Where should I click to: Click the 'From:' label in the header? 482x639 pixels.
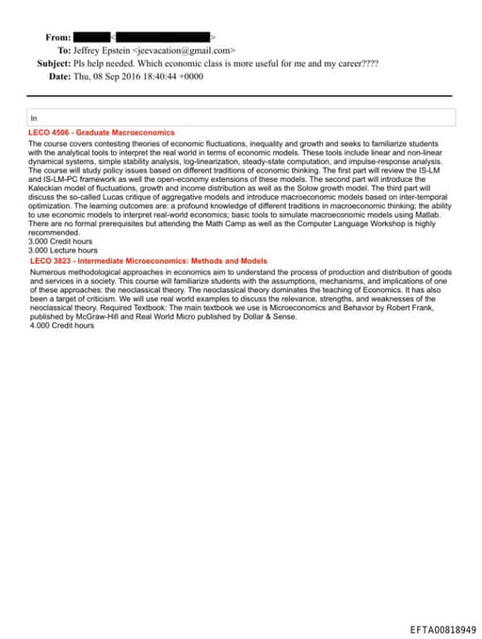58,37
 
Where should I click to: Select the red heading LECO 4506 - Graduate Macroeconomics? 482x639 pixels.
102,133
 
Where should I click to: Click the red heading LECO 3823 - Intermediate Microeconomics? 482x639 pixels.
149,261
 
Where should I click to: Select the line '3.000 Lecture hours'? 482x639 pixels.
63,250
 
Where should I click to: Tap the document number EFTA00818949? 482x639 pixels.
442,629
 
